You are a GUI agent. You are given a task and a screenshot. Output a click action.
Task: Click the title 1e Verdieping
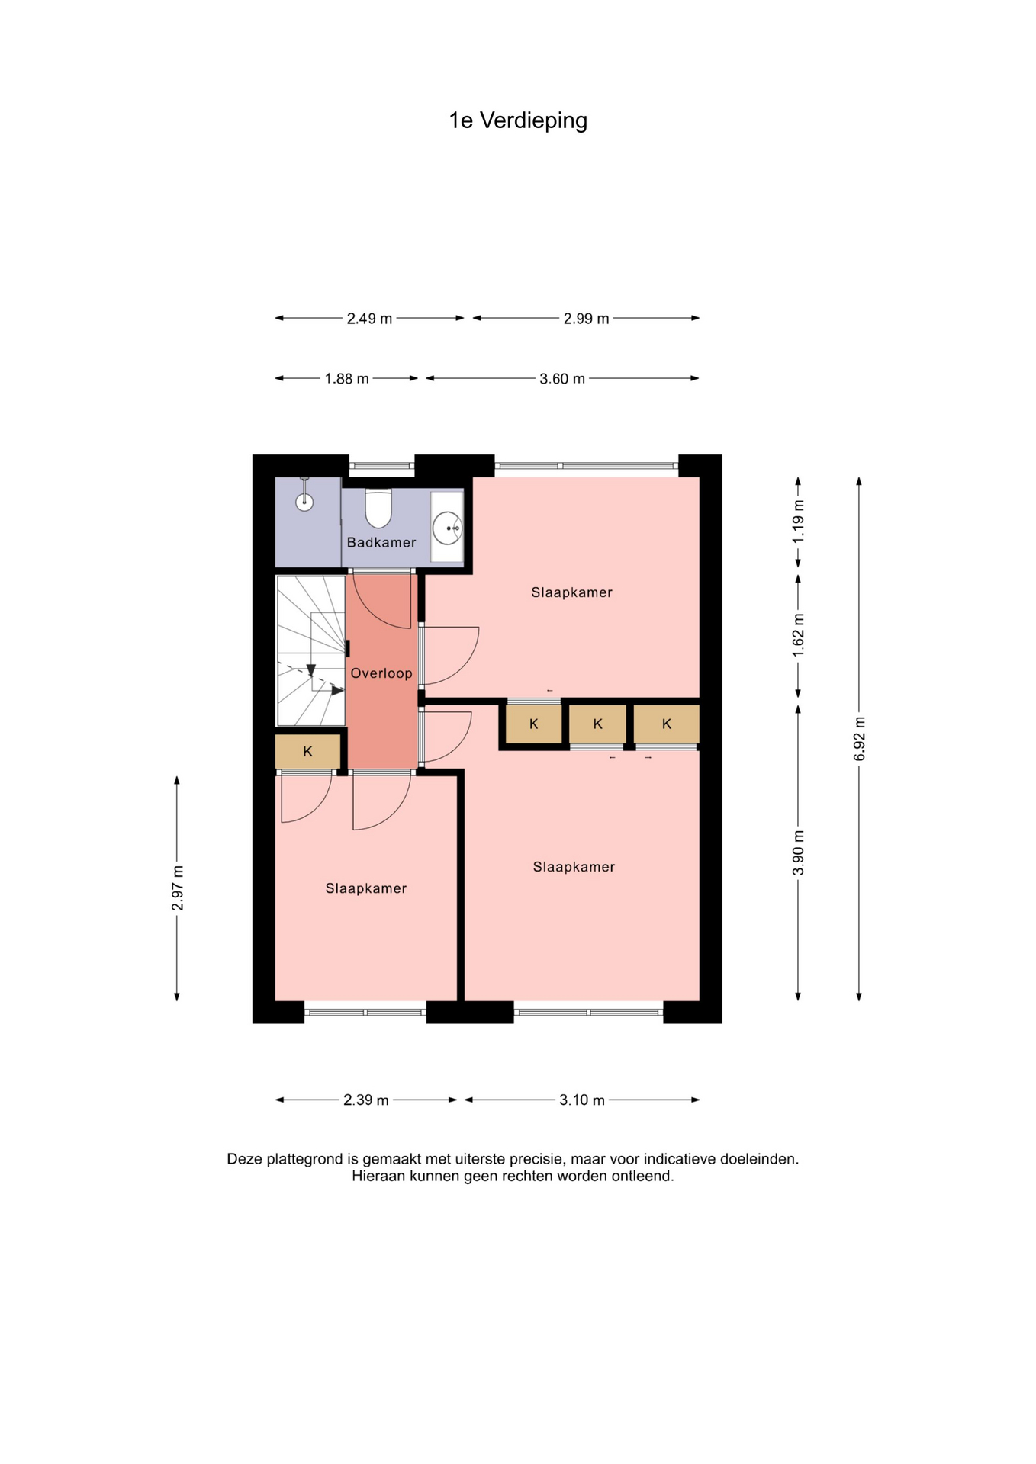click(x=518, y=120)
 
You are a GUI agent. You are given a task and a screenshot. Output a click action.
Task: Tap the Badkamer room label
click(x=381, y=542)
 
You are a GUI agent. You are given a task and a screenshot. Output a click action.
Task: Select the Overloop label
click(x=381, y=673)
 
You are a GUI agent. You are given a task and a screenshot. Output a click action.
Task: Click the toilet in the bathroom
click(x=378, y=509)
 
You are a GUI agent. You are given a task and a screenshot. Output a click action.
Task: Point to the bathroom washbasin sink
click(x=447, y=528)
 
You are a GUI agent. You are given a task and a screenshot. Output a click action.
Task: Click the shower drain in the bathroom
click(x=304, y=501)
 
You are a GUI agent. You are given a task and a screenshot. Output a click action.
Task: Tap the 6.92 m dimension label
click(x=859, y=739)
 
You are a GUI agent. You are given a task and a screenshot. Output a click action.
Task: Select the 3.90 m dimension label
click(x=798, y=852)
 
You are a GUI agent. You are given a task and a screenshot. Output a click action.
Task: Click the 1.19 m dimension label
click(x=798, y=522)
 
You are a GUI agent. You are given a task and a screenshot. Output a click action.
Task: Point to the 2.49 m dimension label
click(x=369, y=319)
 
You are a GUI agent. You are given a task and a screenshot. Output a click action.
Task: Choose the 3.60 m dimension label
click(x=562, y=379)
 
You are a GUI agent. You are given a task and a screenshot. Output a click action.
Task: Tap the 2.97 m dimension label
click(x=177, y=888)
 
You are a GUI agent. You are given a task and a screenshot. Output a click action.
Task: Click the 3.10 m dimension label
click(x=582, y=1100)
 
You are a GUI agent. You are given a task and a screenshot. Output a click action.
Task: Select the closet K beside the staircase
click(x=307, y=751)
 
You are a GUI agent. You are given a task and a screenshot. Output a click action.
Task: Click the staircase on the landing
click(x=310, y=650)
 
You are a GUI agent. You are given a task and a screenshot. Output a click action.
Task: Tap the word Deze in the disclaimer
click(x=245, y=1159)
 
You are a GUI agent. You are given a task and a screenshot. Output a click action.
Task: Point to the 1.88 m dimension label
click(x=347, y=379)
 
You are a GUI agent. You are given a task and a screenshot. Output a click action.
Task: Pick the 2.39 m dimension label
click(x=366, y=1100)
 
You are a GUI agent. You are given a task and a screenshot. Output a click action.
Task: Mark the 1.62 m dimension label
click(x=798, y=635)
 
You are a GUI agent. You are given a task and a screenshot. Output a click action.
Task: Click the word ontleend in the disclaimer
click(x=646, y=1176)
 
